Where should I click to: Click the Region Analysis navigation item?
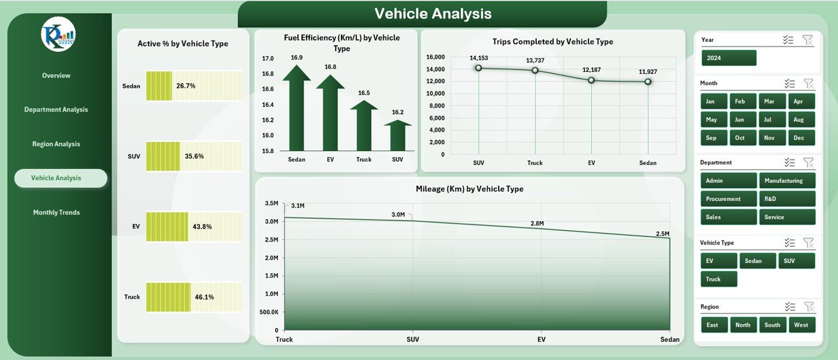click(56, 144)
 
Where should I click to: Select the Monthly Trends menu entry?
click(56, 212)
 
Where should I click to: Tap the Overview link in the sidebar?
click(56, 75)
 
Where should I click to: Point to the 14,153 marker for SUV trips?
click(479, 68)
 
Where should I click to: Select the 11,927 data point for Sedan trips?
click(648, 82)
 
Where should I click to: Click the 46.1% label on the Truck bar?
click(204, 297)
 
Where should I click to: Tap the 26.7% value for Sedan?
click(185, 86)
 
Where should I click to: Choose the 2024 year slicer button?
click(729, 58)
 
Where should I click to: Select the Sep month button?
click(711, 138)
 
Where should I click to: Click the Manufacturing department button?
click(787, 181)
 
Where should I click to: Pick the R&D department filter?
click(787, 199)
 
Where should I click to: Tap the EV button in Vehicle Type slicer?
click(718, 261)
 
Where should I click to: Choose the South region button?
click(773, 325)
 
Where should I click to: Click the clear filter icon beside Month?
click(809, 83)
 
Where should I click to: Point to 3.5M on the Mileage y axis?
click(271, 204)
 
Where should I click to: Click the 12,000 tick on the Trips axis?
click(435, 81)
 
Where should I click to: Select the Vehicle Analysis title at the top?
click(433, 14)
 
